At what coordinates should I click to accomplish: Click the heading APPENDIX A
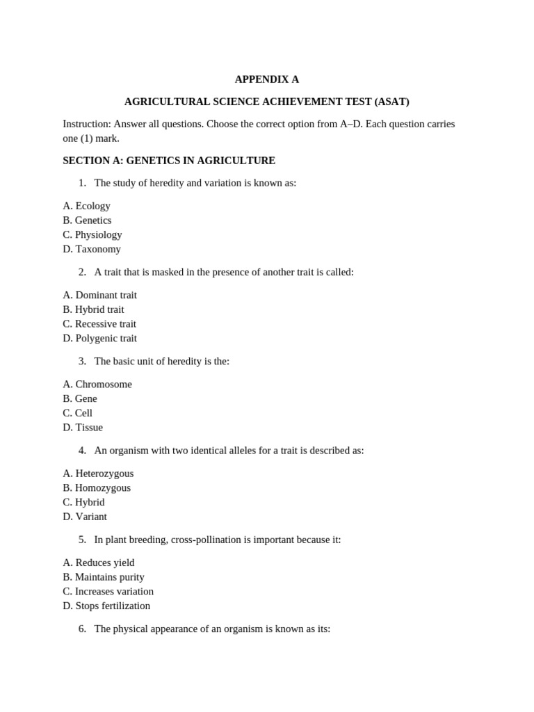tap(266, 79)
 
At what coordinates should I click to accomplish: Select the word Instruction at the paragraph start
tap(86, 124)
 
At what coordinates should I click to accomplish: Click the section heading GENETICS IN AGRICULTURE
tap(200, 161)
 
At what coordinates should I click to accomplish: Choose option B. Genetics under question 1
tap(87, 220)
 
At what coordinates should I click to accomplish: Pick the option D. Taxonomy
tap(92, 249)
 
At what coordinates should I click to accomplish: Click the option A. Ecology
tap(86, 206)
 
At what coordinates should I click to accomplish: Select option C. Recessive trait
tap(99, 324)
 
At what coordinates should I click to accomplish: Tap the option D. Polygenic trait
tap(99, 339)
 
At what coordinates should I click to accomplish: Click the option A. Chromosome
tap(97, 385)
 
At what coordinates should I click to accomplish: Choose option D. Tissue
tap(83, 428)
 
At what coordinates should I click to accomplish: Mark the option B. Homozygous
tap(97, 488)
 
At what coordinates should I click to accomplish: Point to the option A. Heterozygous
tap(98, 474)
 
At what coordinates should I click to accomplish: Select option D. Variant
tap(85, 517)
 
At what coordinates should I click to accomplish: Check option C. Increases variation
tap(108, 592)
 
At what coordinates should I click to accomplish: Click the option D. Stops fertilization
tap(106, 606)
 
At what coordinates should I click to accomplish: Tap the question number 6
tap(82, 629)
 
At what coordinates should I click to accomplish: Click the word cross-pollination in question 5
tap(207, 540)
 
